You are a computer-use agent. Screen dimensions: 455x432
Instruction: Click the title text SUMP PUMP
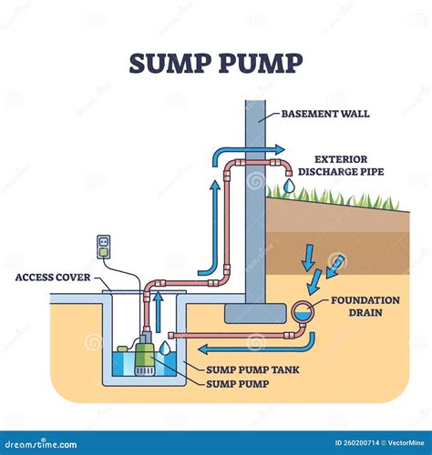point(215,65)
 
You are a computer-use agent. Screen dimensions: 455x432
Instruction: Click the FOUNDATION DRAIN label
point(365,306)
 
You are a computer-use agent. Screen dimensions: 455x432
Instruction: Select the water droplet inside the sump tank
point(164,347)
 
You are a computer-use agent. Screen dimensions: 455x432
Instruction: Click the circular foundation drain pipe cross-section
point(301,314)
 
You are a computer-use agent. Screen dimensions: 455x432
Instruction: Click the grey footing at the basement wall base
point(255,313)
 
